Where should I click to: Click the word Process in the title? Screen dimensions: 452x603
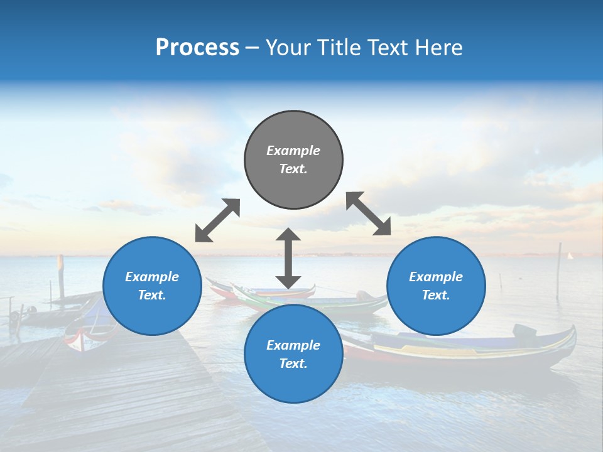[x=197, y=48]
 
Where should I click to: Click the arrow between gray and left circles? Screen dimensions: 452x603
[x=217, y=220]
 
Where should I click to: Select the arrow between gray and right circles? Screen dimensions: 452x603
[x=369, y=213]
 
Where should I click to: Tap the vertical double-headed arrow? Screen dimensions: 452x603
[x=288, y=259]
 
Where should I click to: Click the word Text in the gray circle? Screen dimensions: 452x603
[x=293, y=169]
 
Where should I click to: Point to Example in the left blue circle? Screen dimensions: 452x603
[x=152, y=277]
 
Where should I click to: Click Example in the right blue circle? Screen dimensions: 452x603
[x=436, y=277]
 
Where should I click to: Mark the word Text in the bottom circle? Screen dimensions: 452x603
[x=293, y=363]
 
